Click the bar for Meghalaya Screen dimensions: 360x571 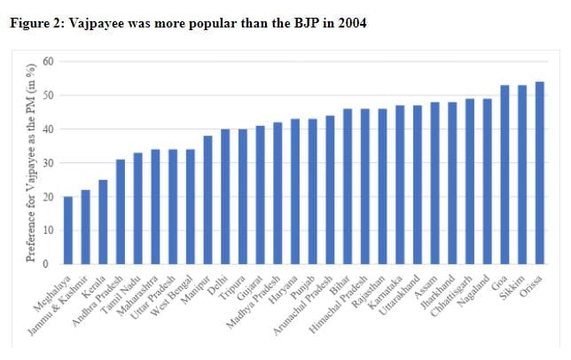pos(68,231)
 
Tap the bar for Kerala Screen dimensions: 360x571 pos(103,222)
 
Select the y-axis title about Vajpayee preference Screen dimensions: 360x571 pos(32,163)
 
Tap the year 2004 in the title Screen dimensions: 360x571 pos(349,22)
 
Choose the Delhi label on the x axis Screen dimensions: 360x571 pos(218,287)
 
